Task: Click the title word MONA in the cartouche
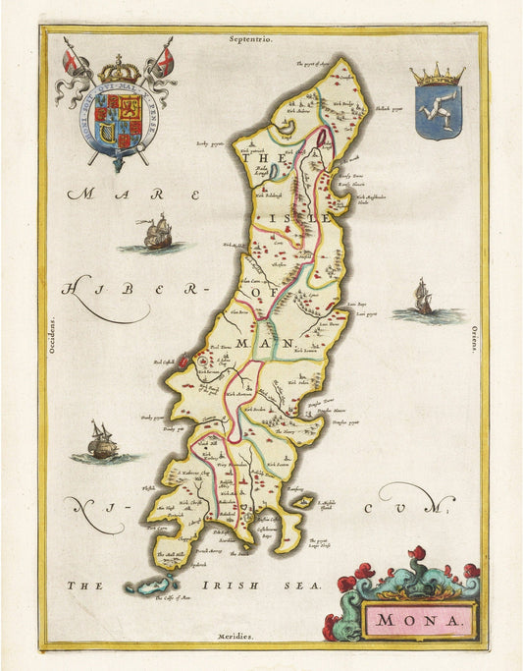tap(419, 620)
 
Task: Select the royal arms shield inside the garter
tap(118, 121)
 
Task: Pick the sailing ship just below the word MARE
tap(157, 233)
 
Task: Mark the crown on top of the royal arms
tap(119, 71)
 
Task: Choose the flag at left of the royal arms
tap(71, 62)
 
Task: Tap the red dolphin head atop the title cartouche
tap(419, 557)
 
